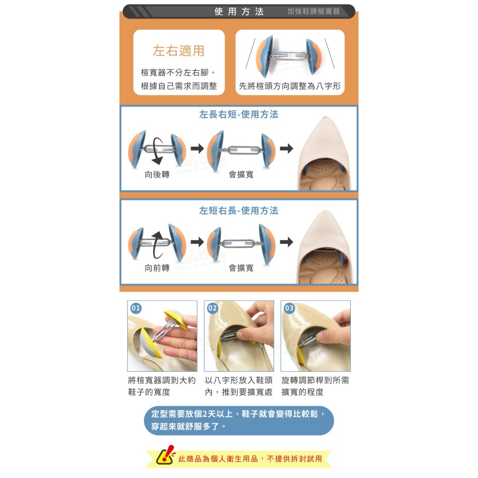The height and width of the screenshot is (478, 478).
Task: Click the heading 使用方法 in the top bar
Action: coord(239,11)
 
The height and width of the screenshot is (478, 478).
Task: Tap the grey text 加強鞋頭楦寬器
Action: coord(313,11)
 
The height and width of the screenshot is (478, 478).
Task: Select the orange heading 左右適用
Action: coord(178,51)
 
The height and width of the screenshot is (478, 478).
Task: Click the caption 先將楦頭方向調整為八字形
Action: coord(290,87)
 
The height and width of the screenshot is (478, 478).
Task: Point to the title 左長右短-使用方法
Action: coord(239,115)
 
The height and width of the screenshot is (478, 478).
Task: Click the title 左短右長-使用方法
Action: coord(239,211)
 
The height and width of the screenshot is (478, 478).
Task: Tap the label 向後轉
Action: coord(157,174)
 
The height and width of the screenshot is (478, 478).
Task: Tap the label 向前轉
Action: coord(157,268)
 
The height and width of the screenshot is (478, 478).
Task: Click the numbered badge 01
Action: coord(136,308)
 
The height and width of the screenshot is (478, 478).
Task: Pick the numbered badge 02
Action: coord(212,308)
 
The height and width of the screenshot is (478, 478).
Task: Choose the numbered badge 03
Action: coord(289,308)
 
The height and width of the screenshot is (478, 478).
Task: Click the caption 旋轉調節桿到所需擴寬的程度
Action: coord(315,386)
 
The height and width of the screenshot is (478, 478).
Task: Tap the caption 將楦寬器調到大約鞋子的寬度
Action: coord(162,386)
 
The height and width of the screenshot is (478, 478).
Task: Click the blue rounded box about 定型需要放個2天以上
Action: coord(239,420)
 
